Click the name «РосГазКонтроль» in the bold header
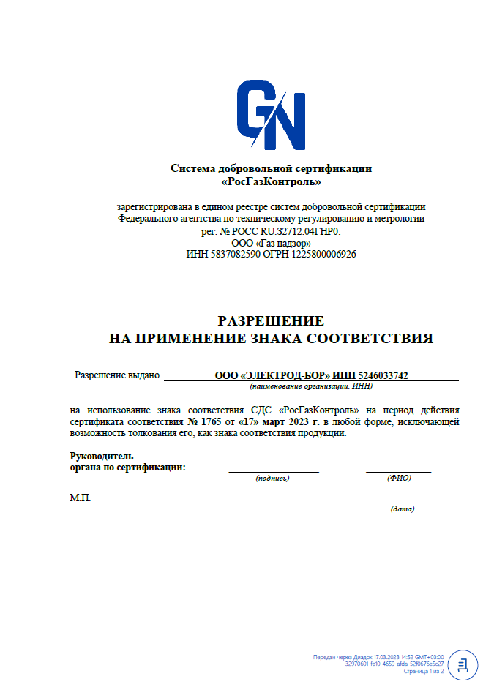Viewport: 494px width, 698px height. tap(271, 181)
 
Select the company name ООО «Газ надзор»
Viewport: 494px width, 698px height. tap(271, 243)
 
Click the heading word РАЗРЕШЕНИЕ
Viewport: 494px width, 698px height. tap(271, 320)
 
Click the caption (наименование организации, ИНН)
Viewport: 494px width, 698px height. tap(311, 386)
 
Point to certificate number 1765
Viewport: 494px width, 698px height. tap(212, 422)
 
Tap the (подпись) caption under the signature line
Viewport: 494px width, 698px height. tap(272, 478)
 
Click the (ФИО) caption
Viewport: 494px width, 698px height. tap(399, 478)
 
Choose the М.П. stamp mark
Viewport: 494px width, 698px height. tap(81, 498)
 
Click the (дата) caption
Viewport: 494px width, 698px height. tap(402, 509)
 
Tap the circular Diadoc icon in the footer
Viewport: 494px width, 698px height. tap(463, 664)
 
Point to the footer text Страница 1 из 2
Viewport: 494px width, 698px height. tap(424, 671)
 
